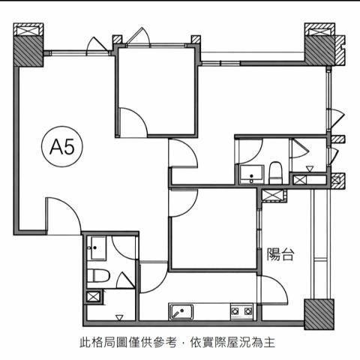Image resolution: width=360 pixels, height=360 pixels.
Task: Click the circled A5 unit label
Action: click(62, 146)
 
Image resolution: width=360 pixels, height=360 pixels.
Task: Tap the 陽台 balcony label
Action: click(280, 254)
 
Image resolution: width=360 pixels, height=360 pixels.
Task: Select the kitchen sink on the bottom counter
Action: click(181, 312)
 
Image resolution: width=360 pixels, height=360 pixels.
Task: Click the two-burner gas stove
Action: click(241, 311)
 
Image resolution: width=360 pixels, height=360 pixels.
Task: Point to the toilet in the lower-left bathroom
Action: click(98, 275)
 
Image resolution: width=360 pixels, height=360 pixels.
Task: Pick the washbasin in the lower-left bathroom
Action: click(97, 248)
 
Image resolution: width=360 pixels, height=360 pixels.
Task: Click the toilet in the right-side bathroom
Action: click(276, 173)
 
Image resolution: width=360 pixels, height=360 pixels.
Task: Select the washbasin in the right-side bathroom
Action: click(251, 175)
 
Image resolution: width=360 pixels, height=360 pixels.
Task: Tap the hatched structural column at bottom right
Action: click(319, 314)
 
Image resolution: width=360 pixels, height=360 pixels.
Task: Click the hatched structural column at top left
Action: click(28, 51)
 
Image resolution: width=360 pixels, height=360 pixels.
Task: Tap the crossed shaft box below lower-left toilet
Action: click(93, 297)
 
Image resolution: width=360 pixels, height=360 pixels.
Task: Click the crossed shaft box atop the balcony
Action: click(272, 195)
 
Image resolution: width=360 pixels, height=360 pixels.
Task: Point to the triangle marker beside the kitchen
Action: click(119, 317)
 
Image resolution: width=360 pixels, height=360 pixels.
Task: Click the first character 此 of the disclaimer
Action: click(85, 343)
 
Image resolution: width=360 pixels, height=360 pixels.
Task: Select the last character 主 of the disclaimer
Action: click(269, 343)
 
